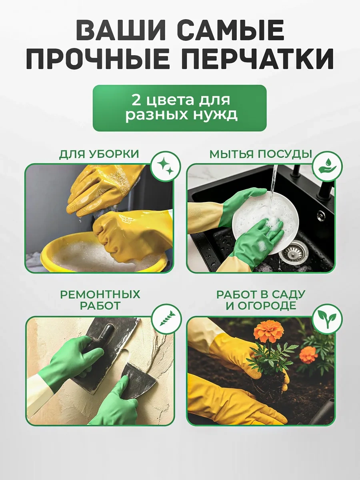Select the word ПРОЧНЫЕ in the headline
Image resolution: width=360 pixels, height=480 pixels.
click(x=98, y=59)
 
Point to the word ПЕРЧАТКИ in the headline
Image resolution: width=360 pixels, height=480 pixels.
click(x=257, y=59)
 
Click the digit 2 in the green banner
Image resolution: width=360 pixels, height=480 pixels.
click(x=136, y=100)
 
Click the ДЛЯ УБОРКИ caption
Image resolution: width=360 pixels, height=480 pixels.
click(x=99, y=154)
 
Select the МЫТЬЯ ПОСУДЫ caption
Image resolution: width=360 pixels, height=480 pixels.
click(x=260, y=154)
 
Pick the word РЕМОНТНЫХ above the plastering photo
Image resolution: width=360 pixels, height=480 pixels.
click(x=100, y=294)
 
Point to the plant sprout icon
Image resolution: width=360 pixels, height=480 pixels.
click(x=327, y=319)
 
